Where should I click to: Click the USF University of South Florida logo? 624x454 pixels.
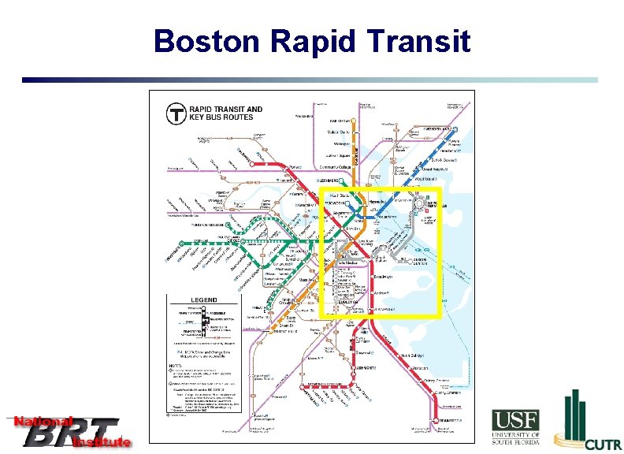pos(516,430)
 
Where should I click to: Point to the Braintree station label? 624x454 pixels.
pos(450,421)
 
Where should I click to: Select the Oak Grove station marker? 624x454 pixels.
pos(354,119)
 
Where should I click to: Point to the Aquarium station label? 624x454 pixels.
pos(387,215)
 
